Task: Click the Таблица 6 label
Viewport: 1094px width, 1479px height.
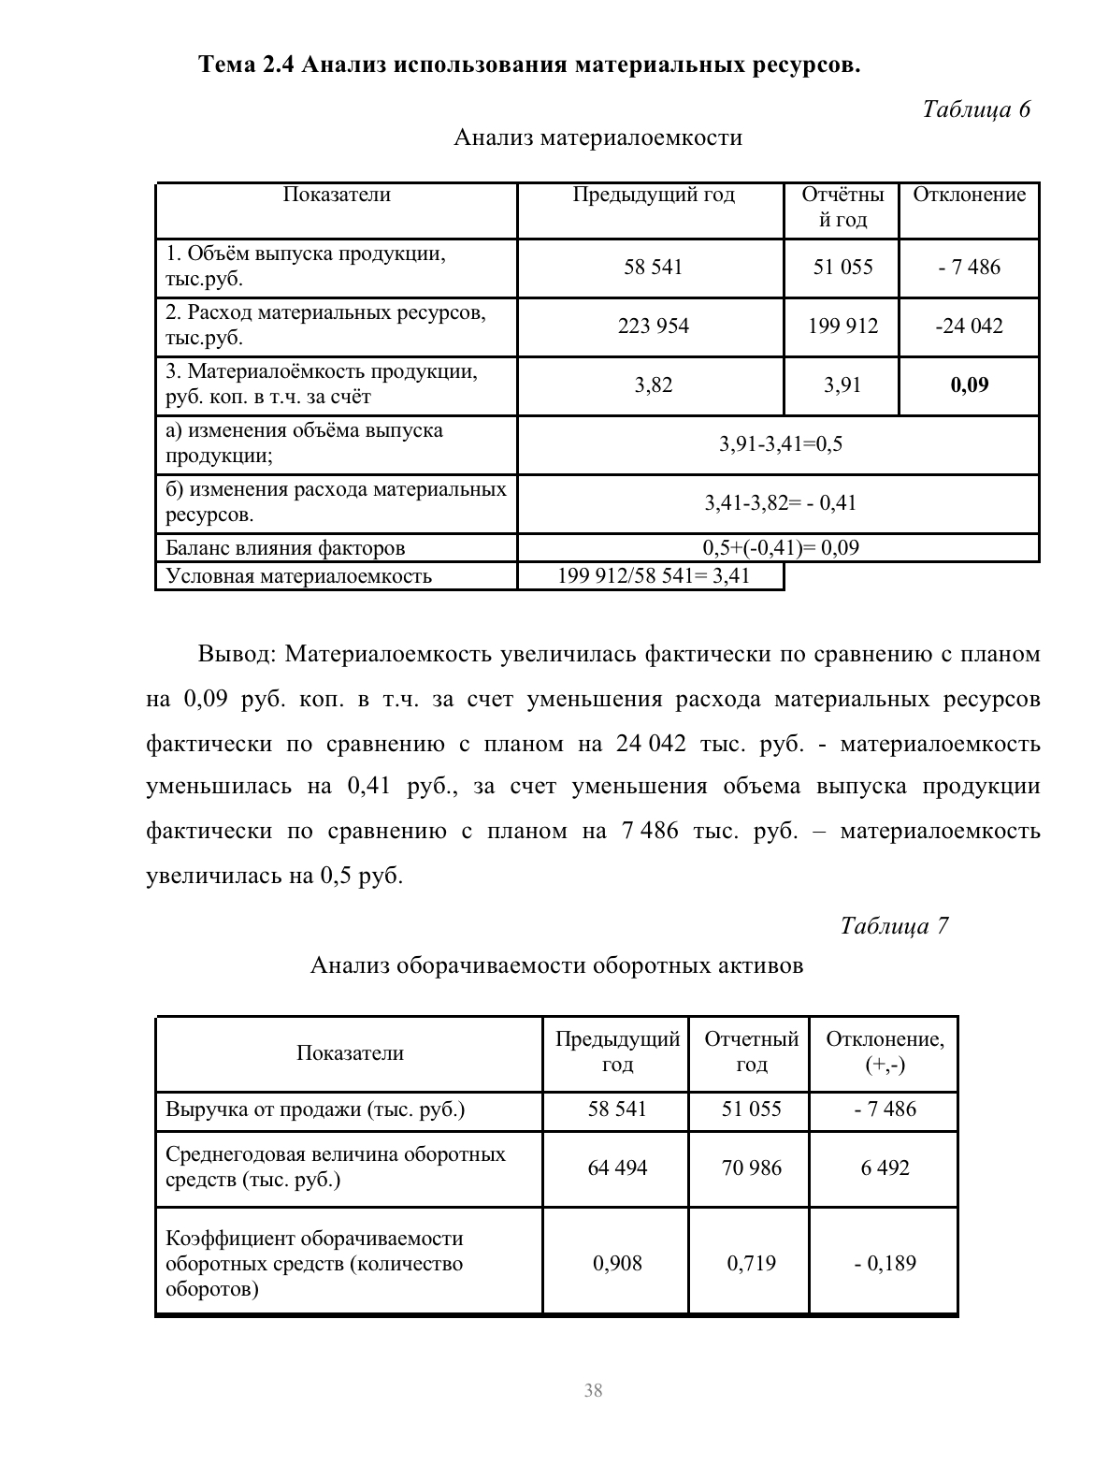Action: pos(975,109)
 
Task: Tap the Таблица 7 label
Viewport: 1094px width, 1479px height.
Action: pos(894,926)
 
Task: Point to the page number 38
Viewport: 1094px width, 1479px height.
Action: pos(593,1390)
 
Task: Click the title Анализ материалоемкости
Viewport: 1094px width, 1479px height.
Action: pos(597,138)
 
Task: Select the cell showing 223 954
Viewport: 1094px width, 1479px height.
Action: pos(653,326)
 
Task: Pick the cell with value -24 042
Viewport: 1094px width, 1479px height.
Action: pos(969,326)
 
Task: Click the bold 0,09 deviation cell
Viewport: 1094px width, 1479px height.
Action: pos(969,385)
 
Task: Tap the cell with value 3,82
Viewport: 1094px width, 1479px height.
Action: pos(653,385)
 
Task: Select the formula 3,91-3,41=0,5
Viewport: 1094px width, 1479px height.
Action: pos(780,444)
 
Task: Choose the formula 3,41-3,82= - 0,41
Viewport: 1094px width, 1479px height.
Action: pos(780,503)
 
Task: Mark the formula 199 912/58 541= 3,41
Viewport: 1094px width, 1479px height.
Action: pos(653,576)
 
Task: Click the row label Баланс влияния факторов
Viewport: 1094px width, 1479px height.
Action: pos(285,548)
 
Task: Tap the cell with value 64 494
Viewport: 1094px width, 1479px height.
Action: pos(616,1167)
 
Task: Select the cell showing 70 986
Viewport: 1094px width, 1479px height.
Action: pos(751,1167)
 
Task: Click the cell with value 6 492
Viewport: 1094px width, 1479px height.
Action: pos(885,1167)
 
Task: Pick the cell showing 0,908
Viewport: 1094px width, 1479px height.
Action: pos(616,1264)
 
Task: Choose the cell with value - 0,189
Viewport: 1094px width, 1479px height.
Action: pos(885,1264)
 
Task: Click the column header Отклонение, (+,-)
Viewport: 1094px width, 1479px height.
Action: pos(885,1052)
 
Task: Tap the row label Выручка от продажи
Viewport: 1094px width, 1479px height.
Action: pos(315,1110)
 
